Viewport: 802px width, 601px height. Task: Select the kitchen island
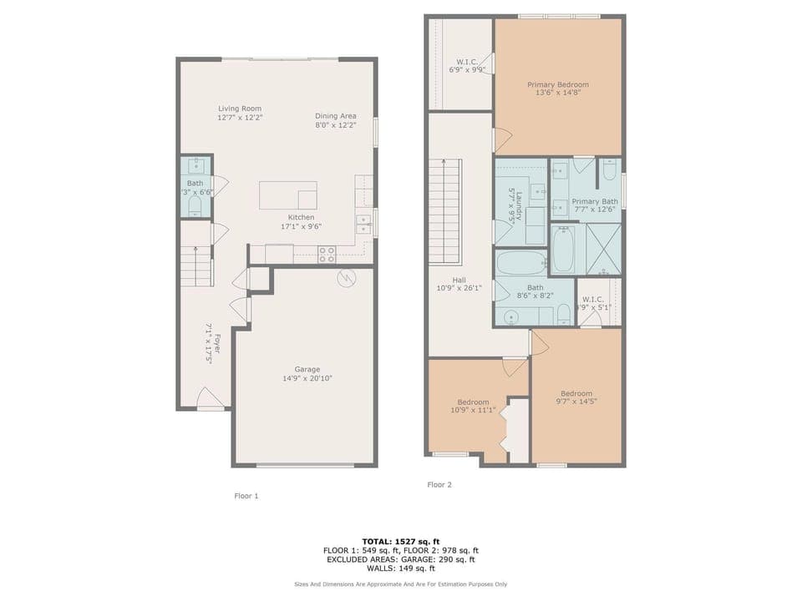287,194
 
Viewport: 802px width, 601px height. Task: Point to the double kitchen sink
363,223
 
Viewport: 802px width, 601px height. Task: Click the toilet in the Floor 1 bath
195,204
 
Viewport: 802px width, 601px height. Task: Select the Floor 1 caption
246,496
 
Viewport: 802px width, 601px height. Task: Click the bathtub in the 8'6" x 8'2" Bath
521,264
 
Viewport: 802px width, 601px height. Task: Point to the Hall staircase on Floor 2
444,209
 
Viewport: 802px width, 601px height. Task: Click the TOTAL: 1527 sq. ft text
400,541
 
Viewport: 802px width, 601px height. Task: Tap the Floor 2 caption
439,484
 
